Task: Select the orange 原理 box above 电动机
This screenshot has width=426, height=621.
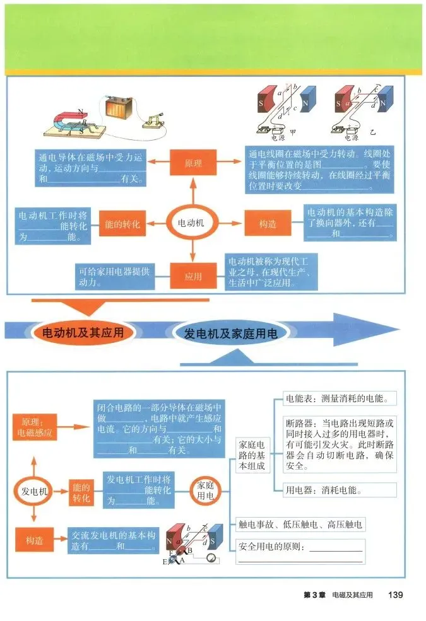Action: tap(193, 163)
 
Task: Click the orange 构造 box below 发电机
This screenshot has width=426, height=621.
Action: tap(34, 540)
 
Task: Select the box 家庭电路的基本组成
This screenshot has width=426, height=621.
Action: tap(252, 454)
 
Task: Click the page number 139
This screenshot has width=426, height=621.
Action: tap(396, 595)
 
